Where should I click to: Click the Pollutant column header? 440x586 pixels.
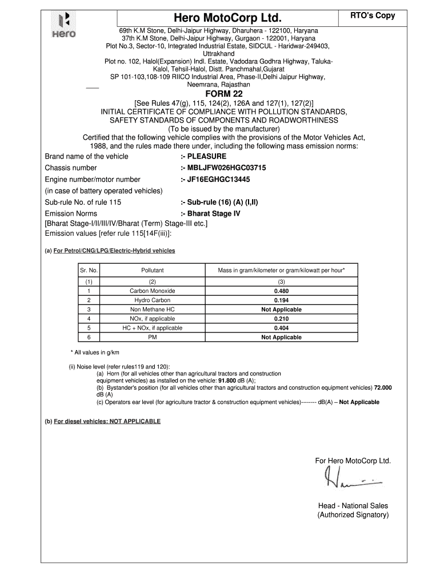pyautogui.click(x=153, y=270)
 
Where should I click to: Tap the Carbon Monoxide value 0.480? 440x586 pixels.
pyautogui.click(x=281, y=291)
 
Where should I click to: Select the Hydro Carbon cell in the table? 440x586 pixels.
pyautogui.click(x=153, y=300)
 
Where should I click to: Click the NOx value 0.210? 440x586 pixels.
pyautogui.click(x=281, y=319)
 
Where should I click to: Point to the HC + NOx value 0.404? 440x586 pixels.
pyautogui.click(x=281, y=328)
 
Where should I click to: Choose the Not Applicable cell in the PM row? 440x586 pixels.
pyautogui.click(x=281, y=337)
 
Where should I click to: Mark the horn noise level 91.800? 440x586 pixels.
pyautogui.click(x=228, y=380)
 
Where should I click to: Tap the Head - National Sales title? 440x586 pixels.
pyautogui.click(x=353, y=505)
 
